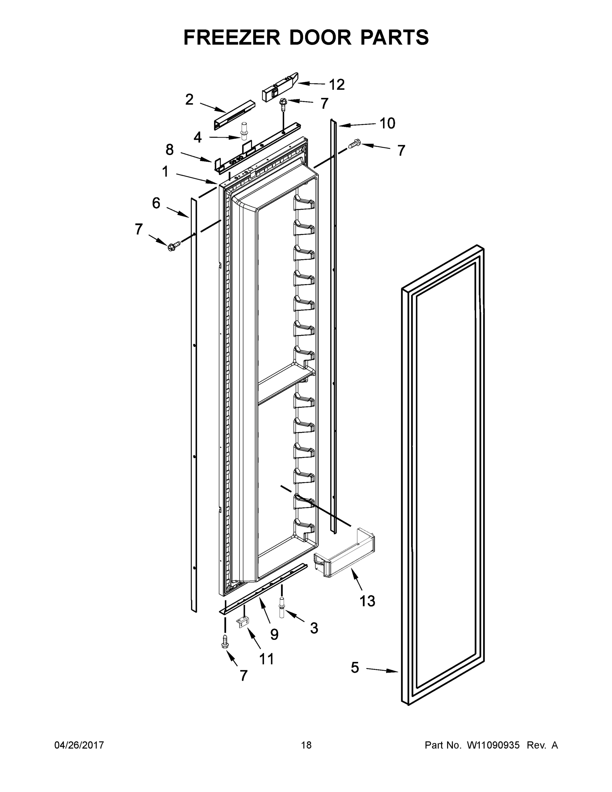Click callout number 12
pos(337,84)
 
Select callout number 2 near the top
pos(189,100)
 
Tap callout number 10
pos(387,123)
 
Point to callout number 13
pos(367,601)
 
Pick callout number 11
pos(267,659)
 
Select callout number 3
pos(314,628)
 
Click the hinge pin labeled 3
pos(281,608)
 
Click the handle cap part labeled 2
pos(234,114)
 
